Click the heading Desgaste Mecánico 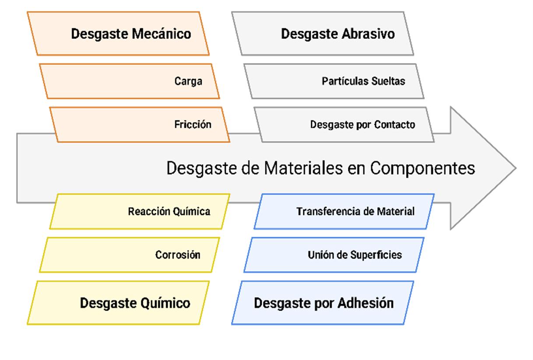coord(131,34)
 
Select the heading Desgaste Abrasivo coord(337,34)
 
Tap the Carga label coord(188,81)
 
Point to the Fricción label coord(193,125)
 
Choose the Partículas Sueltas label coord(363,81)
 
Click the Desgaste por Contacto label coord(362,125)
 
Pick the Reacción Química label coord(169,212)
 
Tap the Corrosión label coord(178,255)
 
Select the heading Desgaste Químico coord(135,303)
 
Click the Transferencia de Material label coord(355,212)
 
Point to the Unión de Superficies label coord(354,255)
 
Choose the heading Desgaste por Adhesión coord(323,303)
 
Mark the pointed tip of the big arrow coord(515,168)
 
